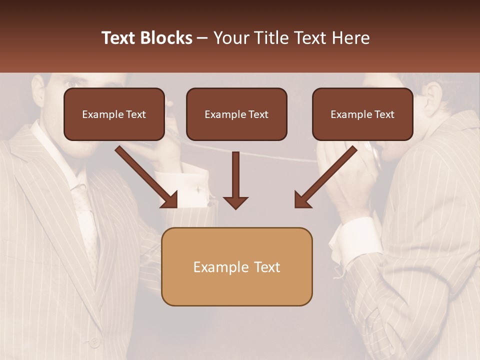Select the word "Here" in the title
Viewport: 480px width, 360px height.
pos(352,38)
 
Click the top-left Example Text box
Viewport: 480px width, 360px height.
pos(114,114)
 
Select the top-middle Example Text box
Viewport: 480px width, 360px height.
pos(236,114)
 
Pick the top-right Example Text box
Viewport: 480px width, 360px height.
pos(362,114)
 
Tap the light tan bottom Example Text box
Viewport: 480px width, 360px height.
pos(236,267)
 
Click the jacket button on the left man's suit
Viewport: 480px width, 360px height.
pos(94,343)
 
